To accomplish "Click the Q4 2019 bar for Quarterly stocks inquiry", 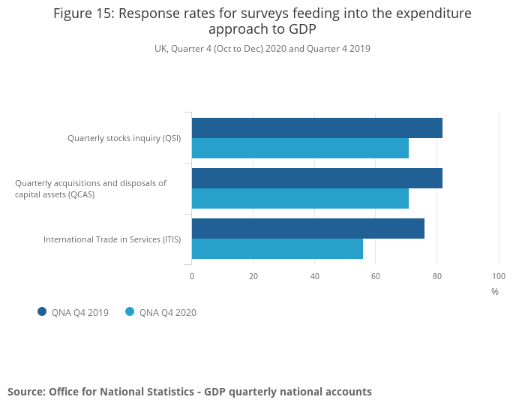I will (x=316, y=128).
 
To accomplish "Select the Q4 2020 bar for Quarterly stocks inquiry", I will (x=300, y=149).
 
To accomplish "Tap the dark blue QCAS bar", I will (x=316, y=179).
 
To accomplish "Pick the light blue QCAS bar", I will (x=300, y=199).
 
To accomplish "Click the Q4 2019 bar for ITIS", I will (x=307, y=229).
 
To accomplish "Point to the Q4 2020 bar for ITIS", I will (x=277, y=249).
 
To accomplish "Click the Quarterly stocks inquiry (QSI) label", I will (x=124, y=138).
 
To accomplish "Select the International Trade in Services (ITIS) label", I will (x=112, y=239).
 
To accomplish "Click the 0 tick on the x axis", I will (x=192, y=276).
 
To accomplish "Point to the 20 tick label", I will (x=253, y=276).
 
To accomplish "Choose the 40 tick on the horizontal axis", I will (x=315, y=276).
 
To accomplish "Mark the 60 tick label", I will (x=376, y=276).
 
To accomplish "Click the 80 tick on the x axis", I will (x=437, y=276).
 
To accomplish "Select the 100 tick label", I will (x=498, y=276).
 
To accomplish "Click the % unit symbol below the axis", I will (x=495, y=292).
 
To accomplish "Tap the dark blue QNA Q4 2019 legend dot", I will (x=42, y=312).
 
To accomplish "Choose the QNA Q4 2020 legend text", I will (x=168, y=313).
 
